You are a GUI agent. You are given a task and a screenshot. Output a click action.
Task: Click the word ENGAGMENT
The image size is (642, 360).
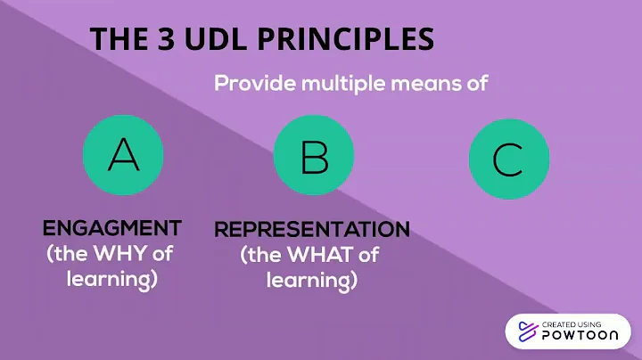coord(112,227)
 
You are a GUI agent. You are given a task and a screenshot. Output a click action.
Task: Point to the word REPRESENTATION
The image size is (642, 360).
coord(312,230)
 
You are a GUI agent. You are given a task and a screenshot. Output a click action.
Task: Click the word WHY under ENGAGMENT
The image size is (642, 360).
coord(124,253)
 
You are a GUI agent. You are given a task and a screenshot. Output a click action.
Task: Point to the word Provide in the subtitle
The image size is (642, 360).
coord(253,85)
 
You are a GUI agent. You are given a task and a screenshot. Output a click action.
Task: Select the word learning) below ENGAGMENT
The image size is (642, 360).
coord(112,278)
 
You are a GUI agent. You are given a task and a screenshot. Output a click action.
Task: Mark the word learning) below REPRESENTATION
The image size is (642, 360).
coord(312,281)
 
